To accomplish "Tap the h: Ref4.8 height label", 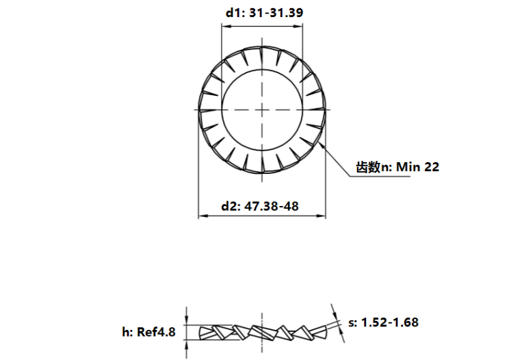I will click(148, 332).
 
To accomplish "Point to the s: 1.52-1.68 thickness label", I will click(384, 322).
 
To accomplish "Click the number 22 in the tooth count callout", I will click(432, 166).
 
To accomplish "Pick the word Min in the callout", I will click(406, 166).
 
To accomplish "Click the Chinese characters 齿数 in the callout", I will click(367, 166).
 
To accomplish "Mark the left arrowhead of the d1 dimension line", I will click(224, 27).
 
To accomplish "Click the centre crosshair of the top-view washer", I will click(262, 110).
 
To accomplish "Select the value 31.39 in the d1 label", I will click(288, 12).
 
